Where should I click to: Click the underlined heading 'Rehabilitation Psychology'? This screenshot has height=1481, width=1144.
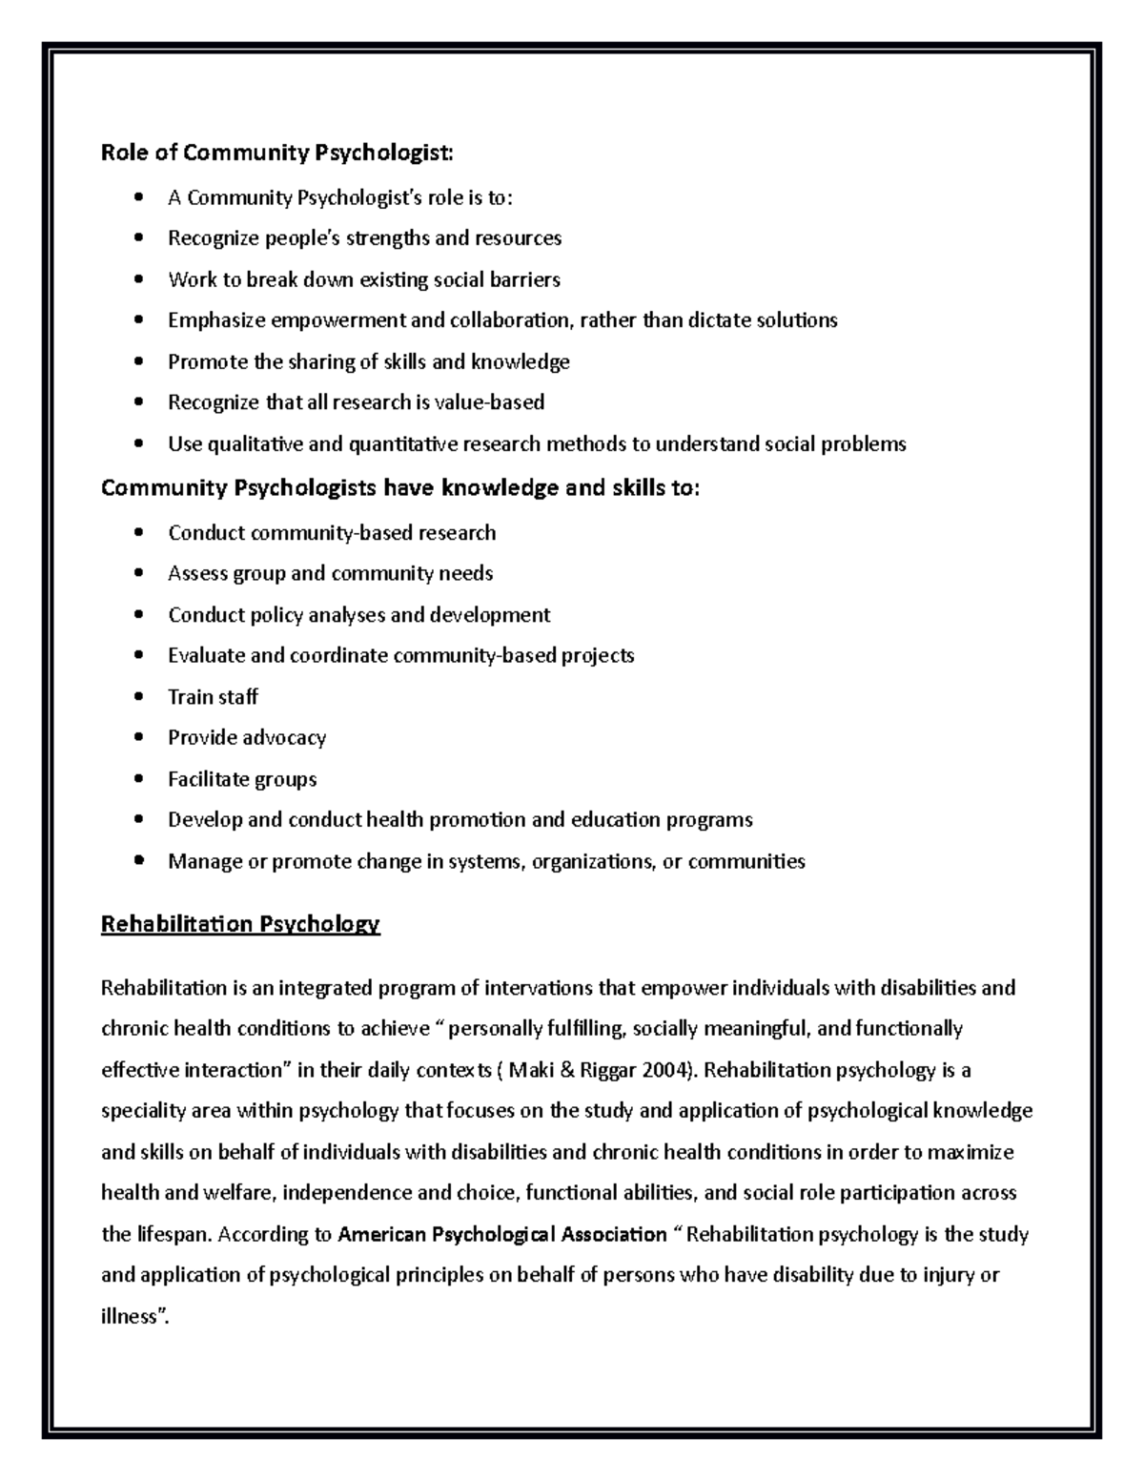click(240, 924)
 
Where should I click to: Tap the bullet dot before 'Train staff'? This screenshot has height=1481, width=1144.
click(140, 697)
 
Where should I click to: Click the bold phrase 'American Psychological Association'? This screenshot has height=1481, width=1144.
click(502, 1235)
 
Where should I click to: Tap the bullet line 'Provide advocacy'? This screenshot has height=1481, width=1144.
click(247, 738)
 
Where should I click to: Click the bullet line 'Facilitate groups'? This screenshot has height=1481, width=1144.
click(242, 779)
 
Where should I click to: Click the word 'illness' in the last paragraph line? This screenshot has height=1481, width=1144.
click(128, 1317)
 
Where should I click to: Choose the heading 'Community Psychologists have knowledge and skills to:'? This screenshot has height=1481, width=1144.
click(399, 488)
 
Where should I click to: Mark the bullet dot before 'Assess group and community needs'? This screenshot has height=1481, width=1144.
click(140, 574)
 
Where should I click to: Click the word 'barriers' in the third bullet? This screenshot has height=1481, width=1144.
click(523, 279)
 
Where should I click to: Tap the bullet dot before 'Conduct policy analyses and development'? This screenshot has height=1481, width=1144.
click(140, 615)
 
